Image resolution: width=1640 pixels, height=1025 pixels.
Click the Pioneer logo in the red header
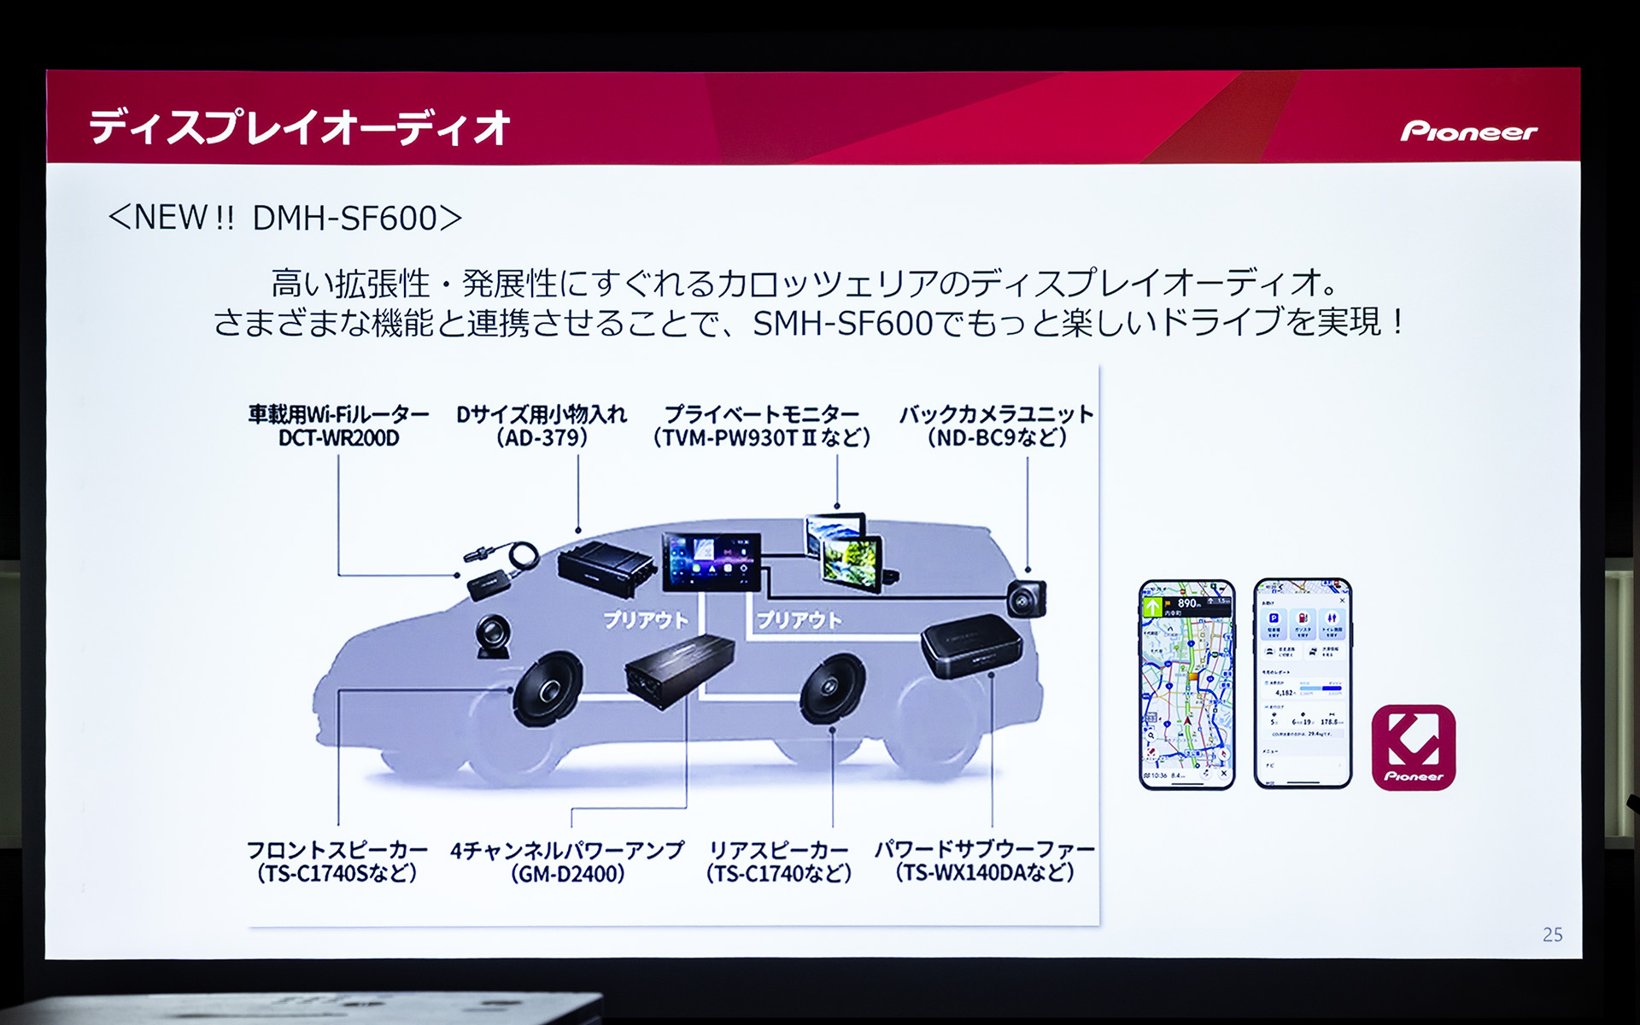click(1468, 131)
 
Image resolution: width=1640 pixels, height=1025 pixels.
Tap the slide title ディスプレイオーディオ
click(299, 128)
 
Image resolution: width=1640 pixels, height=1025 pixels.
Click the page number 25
click(1552, 934)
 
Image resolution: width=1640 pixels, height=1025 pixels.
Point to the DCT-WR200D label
click(338, 438)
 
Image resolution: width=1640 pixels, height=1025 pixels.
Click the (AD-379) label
click(542, 438)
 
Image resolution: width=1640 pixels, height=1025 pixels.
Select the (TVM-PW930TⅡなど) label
click(761, 438)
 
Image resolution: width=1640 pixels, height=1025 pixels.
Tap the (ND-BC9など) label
click(996, 438)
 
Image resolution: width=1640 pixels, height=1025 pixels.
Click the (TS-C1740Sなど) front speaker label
click(337, 873)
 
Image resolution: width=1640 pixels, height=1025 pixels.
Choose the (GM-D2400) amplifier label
click(567, 874)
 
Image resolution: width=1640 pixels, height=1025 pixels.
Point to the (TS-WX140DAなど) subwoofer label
click(984, 873)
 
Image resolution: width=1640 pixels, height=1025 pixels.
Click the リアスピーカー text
click(778, 851)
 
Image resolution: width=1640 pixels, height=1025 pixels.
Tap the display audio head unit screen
click(711, 559)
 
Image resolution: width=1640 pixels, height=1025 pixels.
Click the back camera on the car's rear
click(1026, 597)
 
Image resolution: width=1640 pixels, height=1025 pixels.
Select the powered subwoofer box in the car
click(972, 644)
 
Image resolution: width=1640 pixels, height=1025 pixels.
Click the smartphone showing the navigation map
click(1186, 683)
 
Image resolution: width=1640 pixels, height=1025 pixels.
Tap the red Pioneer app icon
click(1413, 747)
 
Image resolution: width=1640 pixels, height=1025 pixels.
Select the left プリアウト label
click(645, 620)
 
